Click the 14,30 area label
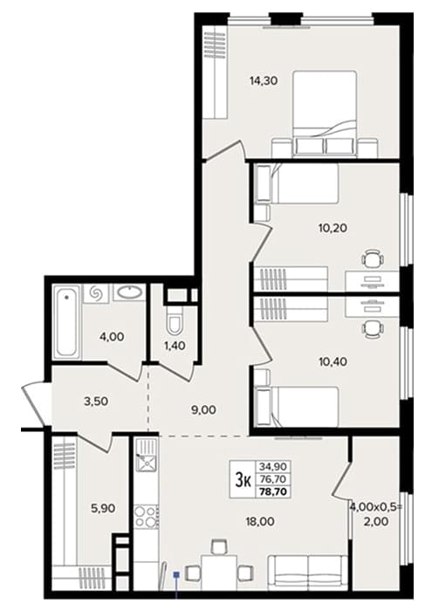[264, 81]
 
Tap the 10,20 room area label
[333, 227]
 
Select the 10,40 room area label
[333, 361]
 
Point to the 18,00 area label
[260, 520]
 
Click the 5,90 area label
[102, 508]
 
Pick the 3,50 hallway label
[95, 402]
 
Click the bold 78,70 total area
[273, 491]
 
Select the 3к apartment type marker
[243, 481]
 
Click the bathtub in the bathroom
[66, 321]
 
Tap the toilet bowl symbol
[173, 319]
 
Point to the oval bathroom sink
[130, 292]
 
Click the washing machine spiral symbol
[98, 293]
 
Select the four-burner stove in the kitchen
[146, 517]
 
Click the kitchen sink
[146, 462]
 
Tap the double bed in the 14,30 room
[325, 114]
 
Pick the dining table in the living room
[219, 571]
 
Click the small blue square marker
[176, 574]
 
